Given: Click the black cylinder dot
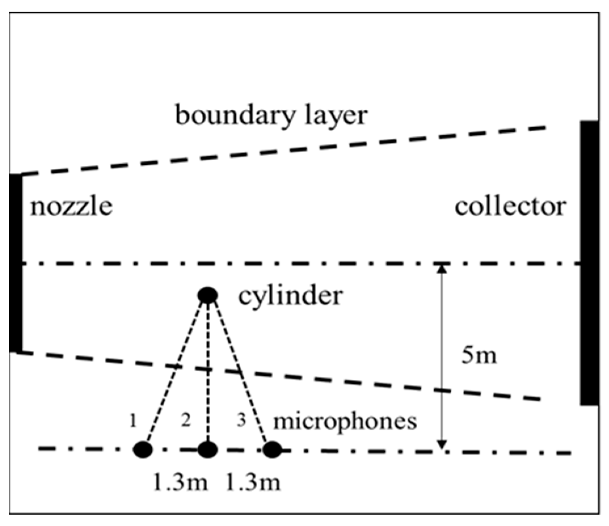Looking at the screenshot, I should (208, 295).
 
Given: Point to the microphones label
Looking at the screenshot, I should (345, 422).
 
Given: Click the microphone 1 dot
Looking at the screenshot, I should (143, 449).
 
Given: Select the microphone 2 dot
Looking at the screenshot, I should (208, 449).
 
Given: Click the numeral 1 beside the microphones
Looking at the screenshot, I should (133, 421).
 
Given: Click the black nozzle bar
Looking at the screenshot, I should (15, 263).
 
